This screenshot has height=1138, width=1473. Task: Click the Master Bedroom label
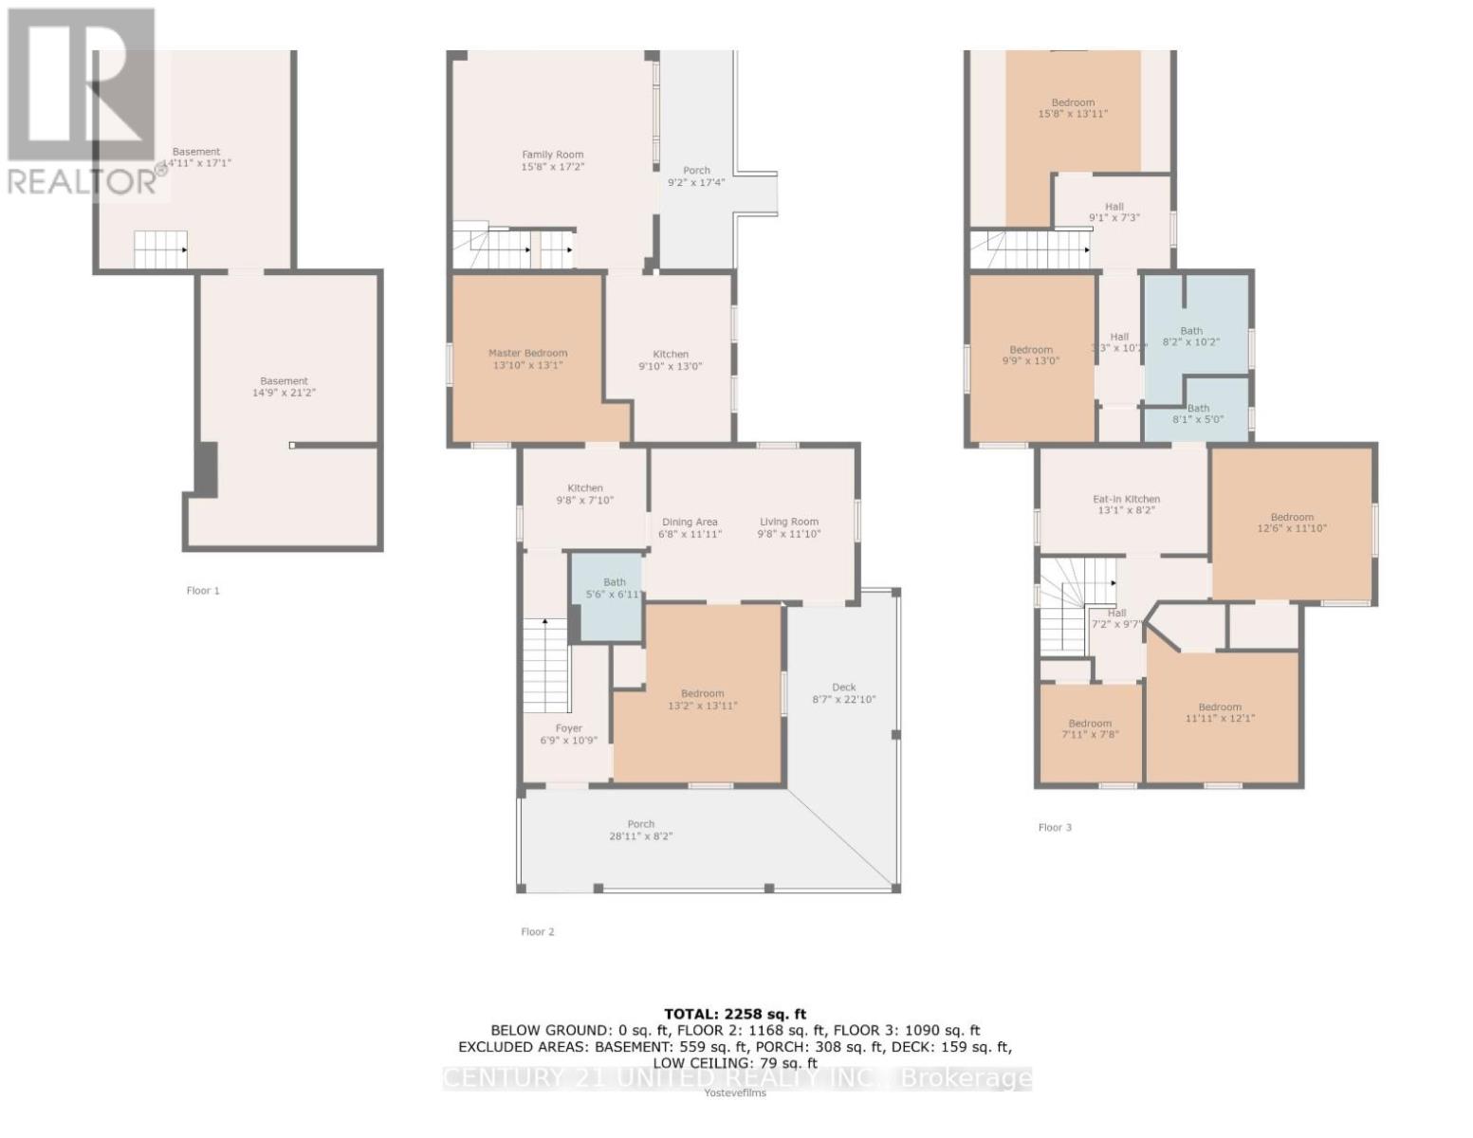527,358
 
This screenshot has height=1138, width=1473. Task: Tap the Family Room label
553,160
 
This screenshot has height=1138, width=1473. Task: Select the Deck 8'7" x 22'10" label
843,693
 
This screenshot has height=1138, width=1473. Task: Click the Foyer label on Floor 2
569,734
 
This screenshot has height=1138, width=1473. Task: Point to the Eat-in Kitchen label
1126,505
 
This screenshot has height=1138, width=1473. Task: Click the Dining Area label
690,527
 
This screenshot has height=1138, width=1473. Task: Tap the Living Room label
788,527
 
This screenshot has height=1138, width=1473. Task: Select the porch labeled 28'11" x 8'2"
640,830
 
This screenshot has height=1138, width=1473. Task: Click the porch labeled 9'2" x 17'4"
696,176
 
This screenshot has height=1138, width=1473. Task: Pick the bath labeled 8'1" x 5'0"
1198,413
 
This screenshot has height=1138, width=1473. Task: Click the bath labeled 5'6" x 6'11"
615,588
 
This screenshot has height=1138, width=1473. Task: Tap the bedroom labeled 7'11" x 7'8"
1090,728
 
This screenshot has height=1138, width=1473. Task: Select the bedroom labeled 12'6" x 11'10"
1292,523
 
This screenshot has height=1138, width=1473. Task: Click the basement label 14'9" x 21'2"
284,386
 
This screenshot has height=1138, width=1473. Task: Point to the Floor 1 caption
203,591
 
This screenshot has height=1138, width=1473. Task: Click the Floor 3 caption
1055,828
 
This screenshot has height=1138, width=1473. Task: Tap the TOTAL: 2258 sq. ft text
735,1014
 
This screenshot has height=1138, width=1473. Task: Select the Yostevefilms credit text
735,1092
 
